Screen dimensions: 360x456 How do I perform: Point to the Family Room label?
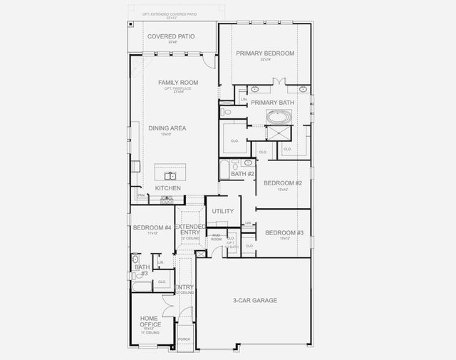178,83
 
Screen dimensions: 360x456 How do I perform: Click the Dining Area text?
167,128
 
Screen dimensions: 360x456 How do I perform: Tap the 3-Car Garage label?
254,300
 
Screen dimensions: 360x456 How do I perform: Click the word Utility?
223,212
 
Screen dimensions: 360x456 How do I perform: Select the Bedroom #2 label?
283,183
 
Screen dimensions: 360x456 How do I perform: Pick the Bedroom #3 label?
284,233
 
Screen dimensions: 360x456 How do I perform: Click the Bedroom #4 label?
152,227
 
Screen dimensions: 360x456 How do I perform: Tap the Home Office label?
150,321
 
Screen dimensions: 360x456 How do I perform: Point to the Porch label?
184,339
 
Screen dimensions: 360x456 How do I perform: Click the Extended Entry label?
190,230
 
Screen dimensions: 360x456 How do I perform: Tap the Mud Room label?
216,235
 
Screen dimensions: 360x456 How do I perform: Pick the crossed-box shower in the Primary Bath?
274,135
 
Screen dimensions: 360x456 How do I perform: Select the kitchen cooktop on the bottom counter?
166,201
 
